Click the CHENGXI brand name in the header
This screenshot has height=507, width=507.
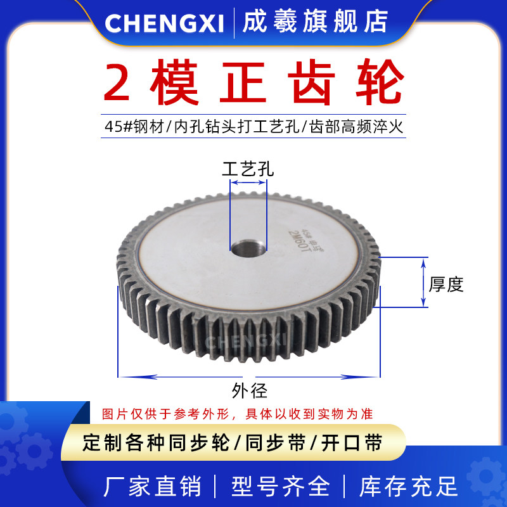click(164, 23)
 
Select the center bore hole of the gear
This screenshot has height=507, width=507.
click(248, 247)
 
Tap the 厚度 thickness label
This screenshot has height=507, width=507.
click(447, 285)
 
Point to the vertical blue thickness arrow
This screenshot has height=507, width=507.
click(424, 282)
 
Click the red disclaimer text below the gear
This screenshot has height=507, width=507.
click(238, 414)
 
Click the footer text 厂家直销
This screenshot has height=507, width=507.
click(152, 486)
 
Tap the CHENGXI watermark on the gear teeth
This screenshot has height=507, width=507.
click(249, 342)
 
